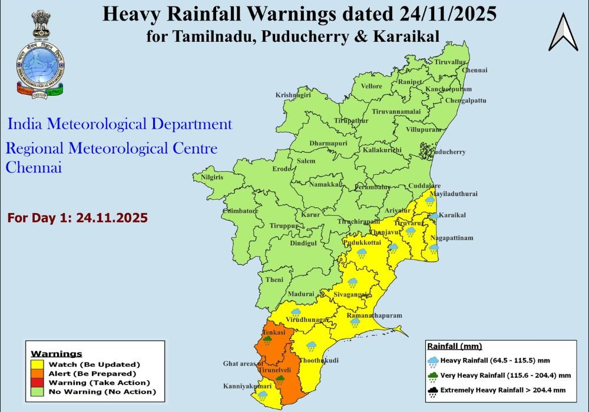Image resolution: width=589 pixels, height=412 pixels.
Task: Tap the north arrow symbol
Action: [563, 32]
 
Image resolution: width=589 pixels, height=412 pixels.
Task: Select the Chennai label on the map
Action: [475, 70]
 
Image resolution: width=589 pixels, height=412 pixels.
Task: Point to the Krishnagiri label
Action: [293, 95]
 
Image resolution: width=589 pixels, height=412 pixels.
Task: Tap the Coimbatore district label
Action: [240, 211]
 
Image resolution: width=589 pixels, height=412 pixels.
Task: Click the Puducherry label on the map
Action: [448, 152]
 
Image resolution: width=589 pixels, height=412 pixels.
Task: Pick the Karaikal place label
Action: [452, 215]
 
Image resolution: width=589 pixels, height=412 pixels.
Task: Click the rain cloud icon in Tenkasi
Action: [267, 340]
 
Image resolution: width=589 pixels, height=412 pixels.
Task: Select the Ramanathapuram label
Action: [373, 315]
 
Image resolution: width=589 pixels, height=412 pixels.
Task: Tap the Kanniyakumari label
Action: [247, 386]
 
